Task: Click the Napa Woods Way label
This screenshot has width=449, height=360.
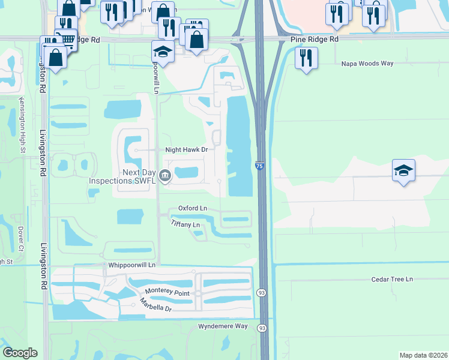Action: [367, 63]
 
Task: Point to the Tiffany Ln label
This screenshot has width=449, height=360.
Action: [185, 224]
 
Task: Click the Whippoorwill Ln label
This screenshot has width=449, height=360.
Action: [132, 265]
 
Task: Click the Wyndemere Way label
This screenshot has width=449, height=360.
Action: [223, 326]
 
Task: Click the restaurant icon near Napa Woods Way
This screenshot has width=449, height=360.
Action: [306, 58]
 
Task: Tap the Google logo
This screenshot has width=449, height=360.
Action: [20, 353]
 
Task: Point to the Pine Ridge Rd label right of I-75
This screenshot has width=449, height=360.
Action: [315, 38]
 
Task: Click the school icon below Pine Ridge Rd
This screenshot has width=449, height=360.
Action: [163, 51]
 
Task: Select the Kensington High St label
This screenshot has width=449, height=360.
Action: [22, 125]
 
